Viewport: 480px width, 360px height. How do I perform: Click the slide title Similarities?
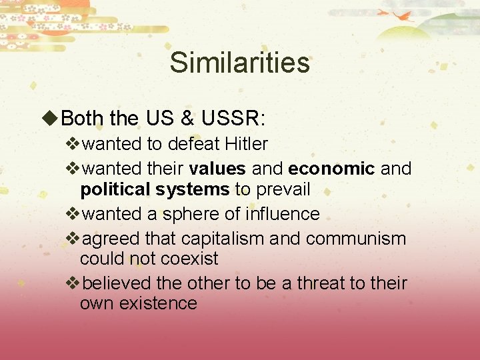click(x=239, y=63)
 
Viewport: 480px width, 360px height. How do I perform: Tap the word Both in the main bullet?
click(x=82, y=119)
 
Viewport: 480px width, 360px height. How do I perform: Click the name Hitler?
click(x=247, y=143)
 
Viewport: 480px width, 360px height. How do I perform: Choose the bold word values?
click(x=217, y=169)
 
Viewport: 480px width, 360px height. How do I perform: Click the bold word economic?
click(x=331, y=169)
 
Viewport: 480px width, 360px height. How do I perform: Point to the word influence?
click(x=283, y=214)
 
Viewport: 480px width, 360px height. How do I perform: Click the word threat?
click(x=321, y=283)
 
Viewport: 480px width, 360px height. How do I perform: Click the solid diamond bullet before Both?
click(x=50, y=119)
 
